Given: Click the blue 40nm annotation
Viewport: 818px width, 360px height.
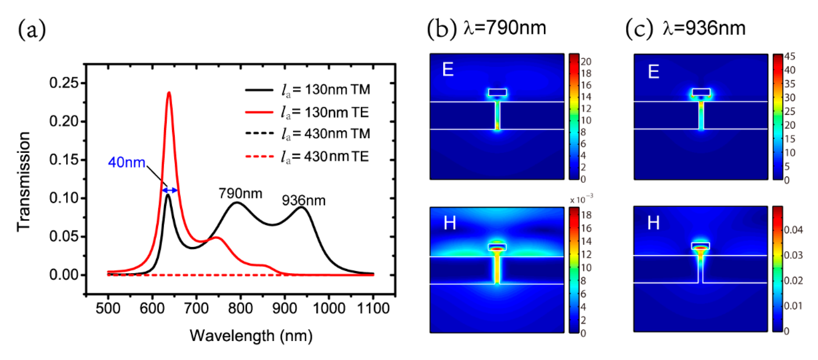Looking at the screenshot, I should (x=126, y=162).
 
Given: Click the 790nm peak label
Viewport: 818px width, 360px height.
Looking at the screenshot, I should (x=240, y=193).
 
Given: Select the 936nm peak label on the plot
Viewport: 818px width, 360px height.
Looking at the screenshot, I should (x=304, y=201).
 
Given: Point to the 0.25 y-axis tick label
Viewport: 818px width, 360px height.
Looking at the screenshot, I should (x=64, y=83).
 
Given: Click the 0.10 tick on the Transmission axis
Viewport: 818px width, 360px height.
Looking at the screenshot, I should (x=64, y=198).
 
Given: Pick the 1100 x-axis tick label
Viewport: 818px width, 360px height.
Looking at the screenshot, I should (x=373, y=308).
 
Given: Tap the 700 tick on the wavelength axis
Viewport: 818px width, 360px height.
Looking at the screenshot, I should (x=196, y=308).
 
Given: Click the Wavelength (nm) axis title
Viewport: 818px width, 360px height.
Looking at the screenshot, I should (x=251, y=336).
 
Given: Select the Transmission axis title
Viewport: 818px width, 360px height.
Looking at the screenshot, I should (x=24, y=182).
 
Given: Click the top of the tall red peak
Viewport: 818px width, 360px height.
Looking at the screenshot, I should (x=169, y=93).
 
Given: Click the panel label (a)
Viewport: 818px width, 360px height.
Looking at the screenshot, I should (x=32, y=29).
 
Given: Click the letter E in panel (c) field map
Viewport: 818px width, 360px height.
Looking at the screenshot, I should (x=653, y=71).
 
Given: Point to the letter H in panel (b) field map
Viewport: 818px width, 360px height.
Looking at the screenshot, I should (x=450, y=223).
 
